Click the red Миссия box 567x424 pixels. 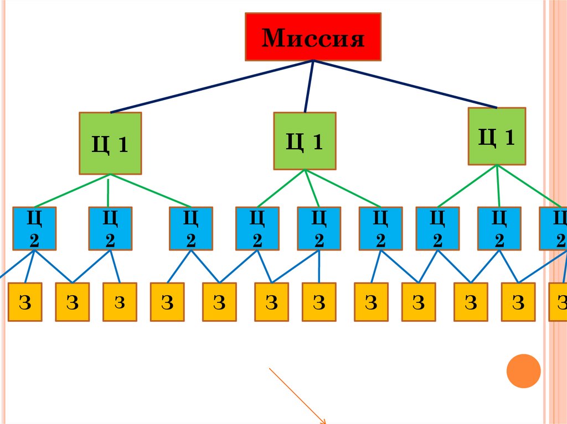tap(313, 36)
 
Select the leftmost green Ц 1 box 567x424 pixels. tap(110, 143)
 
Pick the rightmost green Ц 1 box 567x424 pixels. tap(497, 136)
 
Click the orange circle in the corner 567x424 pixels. tap(523, 370)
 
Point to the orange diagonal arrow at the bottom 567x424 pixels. tap(298, 396)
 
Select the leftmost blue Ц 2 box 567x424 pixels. tap(34, 228)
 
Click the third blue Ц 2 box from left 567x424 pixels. tap(191, 228)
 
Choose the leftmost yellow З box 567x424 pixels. tap(25, 302)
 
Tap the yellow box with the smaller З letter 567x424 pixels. tap(120, 302)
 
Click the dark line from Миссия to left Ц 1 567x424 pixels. tap(210, 86)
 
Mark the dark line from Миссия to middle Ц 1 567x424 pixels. tap(308, 86)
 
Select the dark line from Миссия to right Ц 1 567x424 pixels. tap(404, 83)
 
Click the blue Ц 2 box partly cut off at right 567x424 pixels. tap(554, 228)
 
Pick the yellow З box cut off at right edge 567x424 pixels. tap(558, 302)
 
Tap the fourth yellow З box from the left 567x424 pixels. tap(167, 302)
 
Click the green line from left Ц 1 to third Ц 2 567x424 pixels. tap(150, 191)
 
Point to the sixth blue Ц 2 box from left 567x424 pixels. tap(380, 228)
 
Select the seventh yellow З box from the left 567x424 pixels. tap(319, 302)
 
